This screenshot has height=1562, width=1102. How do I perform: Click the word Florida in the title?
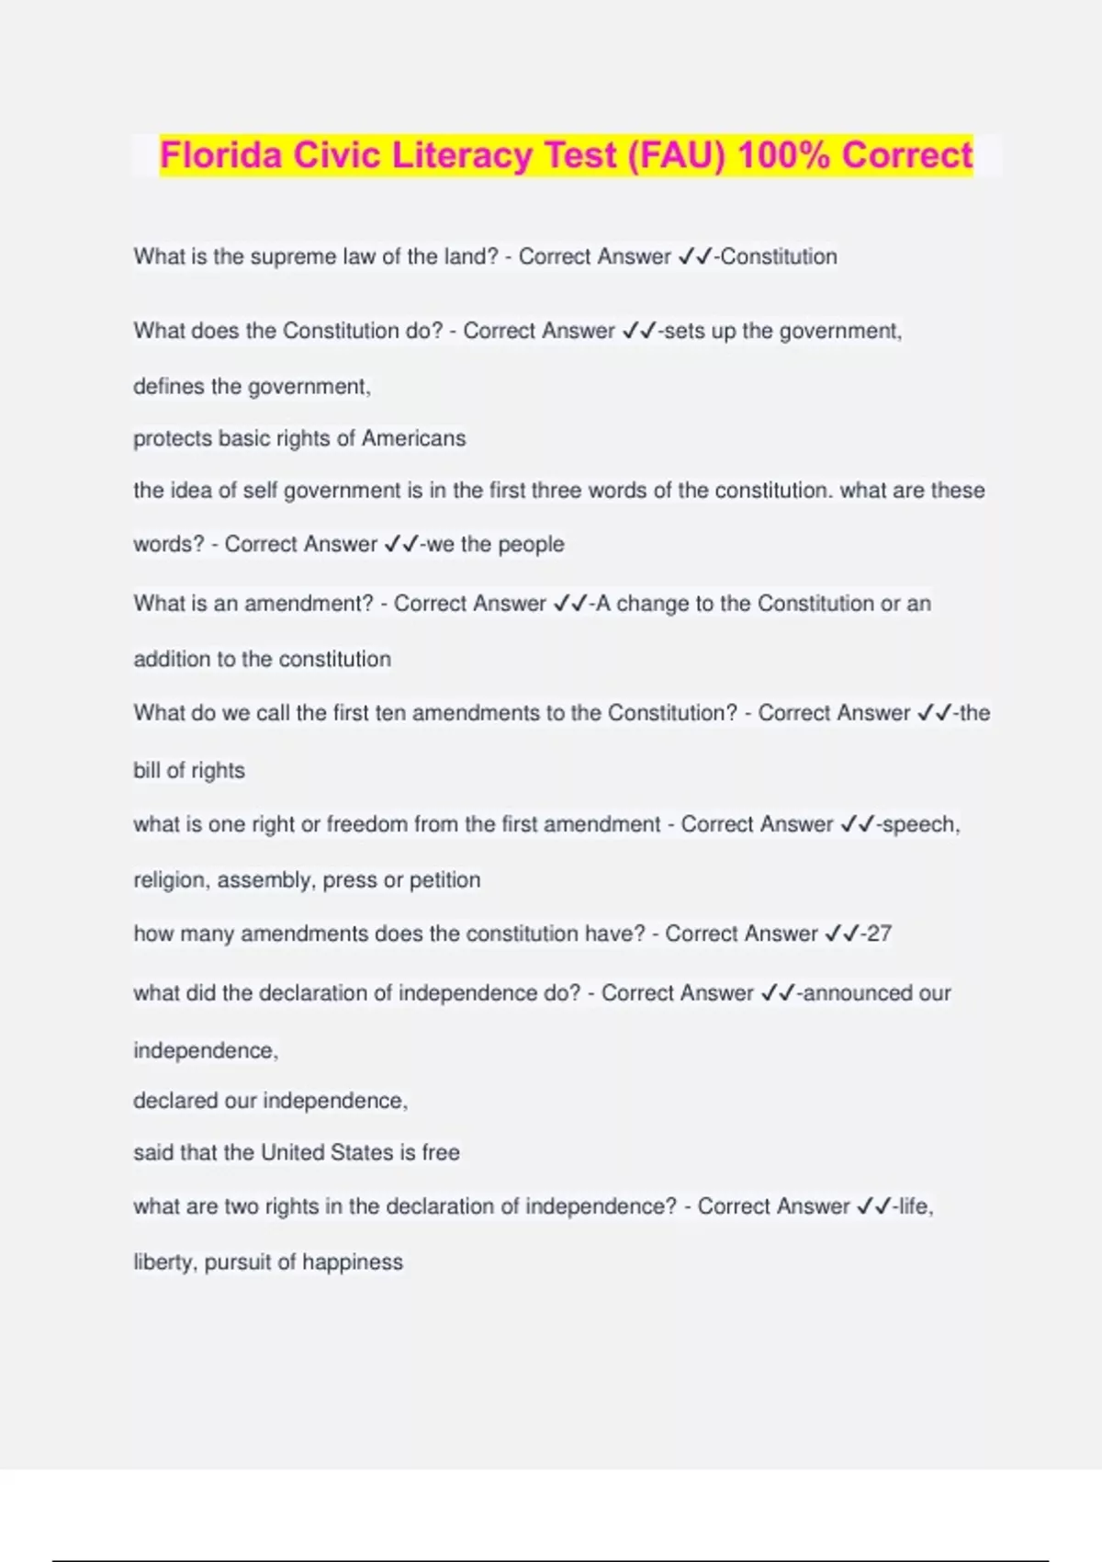(x=220, y=155)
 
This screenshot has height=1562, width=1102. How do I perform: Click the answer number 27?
(x=879, y=934)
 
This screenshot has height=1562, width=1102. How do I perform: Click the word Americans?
(x=413, y=438)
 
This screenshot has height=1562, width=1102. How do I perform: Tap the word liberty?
(x=165, y=1262)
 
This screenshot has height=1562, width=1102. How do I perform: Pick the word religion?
(x=172, y=880)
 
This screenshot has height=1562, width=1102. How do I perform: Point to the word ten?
(x=390, y=713)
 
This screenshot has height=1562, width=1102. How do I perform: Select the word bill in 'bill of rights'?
(x=146, y=770)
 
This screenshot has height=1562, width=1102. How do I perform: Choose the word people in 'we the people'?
(x=531, y=544)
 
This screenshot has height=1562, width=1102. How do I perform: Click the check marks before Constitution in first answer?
(x=695, y=256)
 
